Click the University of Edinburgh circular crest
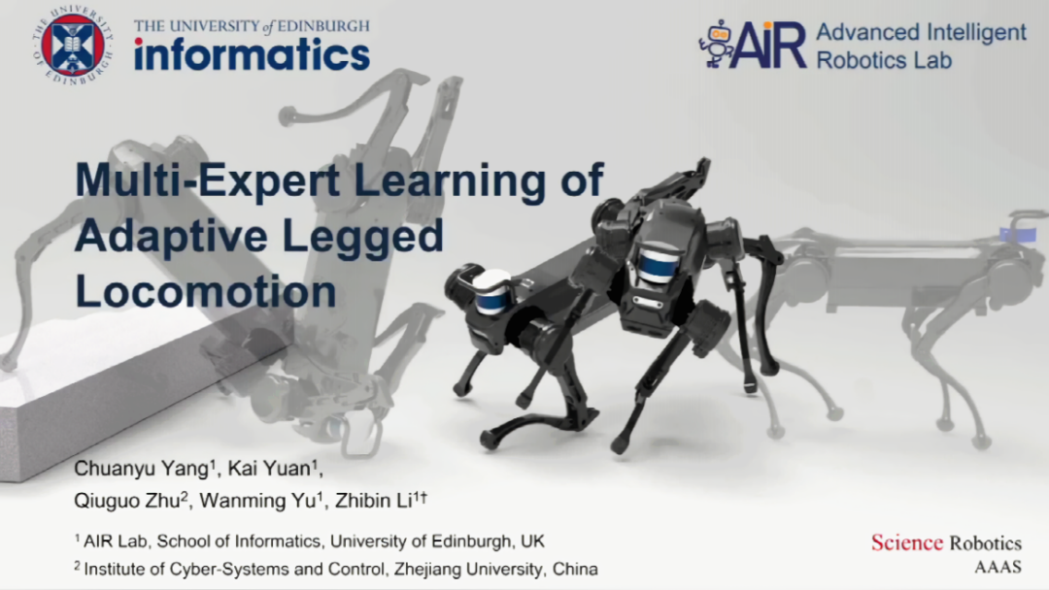pos(73,46)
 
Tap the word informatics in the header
pos(252,54)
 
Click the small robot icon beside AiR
pos(717,43)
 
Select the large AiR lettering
pos(770,45)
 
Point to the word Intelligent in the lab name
pos(976,31)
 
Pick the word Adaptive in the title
pos(173,237)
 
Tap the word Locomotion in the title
pos(205,291)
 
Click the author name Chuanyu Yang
pos(144,469)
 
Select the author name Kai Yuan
pos(272,469)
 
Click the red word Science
pos(906,542)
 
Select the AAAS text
pos(998,568)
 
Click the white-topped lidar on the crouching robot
pos(494,291)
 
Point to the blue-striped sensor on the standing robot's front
pos(658,265)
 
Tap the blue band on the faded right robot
pos(1018,235)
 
